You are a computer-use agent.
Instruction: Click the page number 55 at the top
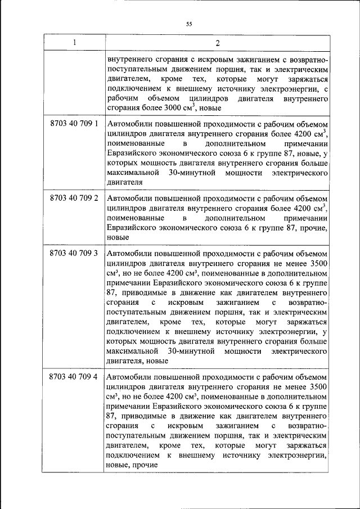(x=189, y=24)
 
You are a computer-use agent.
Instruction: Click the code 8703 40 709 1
(x=74, y=123)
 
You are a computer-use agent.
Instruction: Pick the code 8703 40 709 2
(x=74, y=198)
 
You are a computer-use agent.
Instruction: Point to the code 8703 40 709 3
(x=74, y=253)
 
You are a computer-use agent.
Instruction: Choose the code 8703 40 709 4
(x=74, y=375)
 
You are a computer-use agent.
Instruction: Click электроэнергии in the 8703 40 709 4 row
(x=299, y=456)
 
